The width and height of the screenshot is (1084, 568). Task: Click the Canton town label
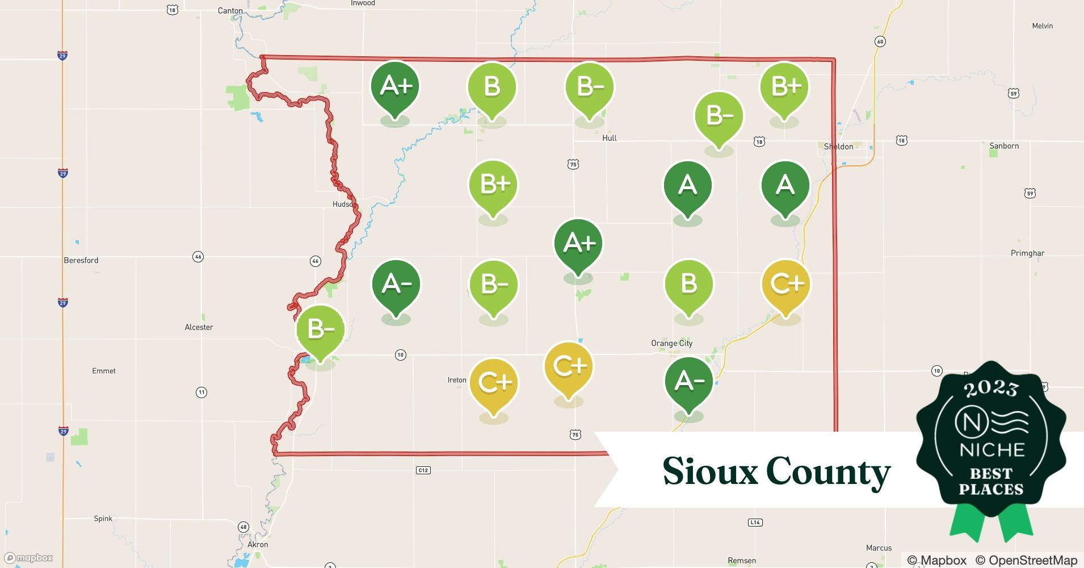pos(230,11)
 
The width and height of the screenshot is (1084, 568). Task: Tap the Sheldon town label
pos(838,147)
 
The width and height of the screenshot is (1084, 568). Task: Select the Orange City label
pos(671,343)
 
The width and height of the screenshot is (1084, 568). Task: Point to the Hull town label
pos(609,138)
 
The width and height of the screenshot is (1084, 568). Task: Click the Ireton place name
pos(457,380)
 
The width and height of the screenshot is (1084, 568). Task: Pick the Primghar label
pos(1027,253)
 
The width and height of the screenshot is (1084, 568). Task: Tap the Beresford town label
pos(81,261)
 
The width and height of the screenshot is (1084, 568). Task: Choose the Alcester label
pos(199,327)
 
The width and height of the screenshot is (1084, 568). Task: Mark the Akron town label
pos(258,544)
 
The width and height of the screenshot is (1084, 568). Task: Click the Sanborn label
pos(1004,146)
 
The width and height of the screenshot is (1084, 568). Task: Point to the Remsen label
pos(742,561)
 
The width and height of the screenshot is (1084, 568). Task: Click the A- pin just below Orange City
pos(688,382)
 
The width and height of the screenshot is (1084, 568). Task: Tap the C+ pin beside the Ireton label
pos(494,383)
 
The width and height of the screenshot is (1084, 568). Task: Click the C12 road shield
pos(423,470)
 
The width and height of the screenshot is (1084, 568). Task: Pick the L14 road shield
pos(755,523)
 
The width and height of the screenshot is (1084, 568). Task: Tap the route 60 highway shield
pos(880,41)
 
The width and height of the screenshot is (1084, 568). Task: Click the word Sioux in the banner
pos(710,471)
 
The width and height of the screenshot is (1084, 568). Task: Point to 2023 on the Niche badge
pos(991,389)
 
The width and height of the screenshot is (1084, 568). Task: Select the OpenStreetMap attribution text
pos(1026,560)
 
